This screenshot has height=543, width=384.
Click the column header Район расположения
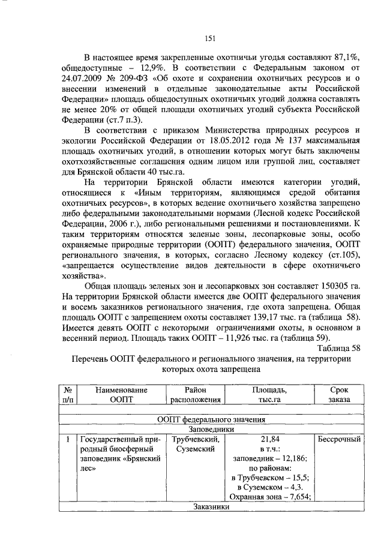click(x=196, y=394)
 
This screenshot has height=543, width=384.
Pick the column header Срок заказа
click(x=338, y=394)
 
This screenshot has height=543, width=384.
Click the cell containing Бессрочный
click(x=338, y=439)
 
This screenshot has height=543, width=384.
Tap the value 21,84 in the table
click(x=269, y=439)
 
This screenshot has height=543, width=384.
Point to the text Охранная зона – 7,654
click(x=269, y=497)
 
